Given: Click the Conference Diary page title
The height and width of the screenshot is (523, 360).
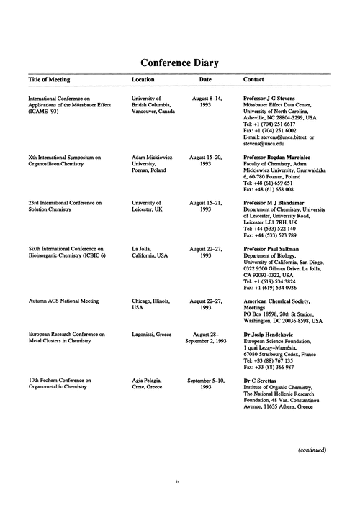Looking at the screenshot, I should pyautogui.click(x=179, y=63).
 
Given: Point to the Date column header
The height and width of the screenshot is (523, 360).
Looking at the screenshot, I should pyautogui.click(x=205, y=79).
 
